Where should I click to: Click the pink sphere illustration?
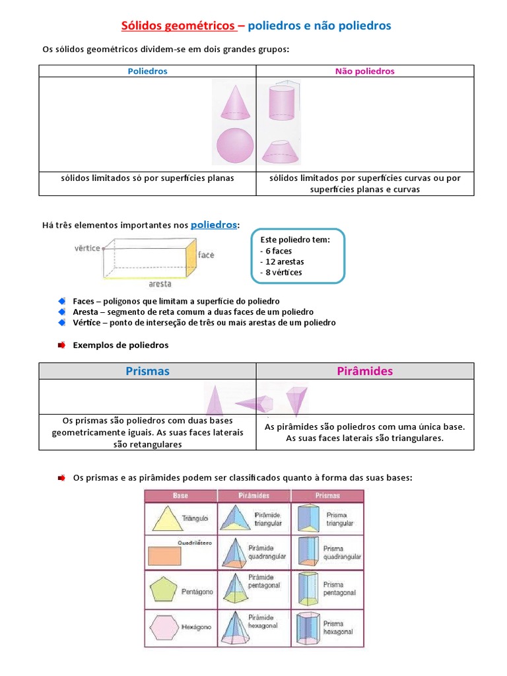pyautogui.click(x=235, y=146)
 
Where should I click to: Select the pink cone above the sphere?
pyautogui.click(x=234, y=101)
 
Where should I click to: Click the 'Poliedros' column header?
pyautogui.click(x=147, y=71)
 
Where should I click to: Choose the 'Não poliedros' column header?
pyautogui.click(x=365, y=71)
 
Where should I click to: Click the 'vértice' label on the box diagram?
pyautogui.click(x=87, y=248)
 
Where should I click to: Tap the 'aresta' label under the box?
pyautogui.click(x=160, y=284)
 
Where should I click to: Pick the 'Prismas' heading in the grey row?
pyautogui.click(x=147, y=371)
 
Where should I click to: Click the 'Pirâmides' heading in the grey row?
pyautogui.click(x=365, y=371)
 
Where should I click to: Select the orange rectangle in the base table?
pyautogui.click(x=164, y=557)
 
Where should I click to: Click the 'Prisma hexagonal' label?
pyautogui.click(x=333, y=627)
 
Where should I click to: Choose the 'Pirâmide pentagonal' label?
pyautogui.click(x=264, y=582)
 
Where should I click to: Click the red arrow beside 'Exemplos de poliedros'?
pyautogui.click(x=61, y=345)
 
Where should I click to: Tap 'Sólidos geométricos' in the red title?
pyautogui.click(x=179, y=26)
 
